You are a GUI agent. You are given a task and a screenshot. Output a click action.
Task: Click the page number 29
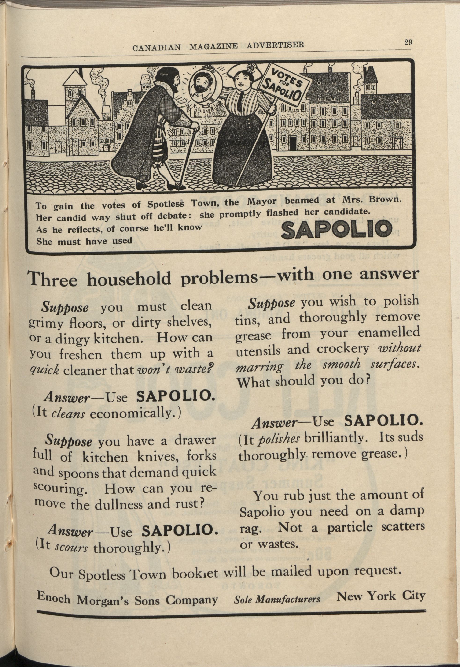pyautogui.click(x=408, y=42)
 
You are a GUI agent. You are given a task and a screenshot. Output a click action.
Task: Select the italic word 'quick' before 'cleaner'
pyautogui.click(x=44, y=370)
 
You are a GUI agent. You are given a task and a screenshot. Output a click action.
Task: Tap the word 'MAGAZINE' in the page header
pyautogui.click(x=213, y=46)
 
